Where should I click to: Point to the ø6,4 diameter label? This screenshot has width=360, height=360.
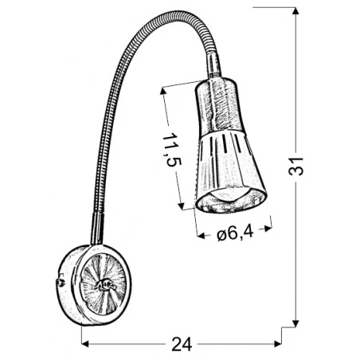pyautogui.click(x=235, y=233)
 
